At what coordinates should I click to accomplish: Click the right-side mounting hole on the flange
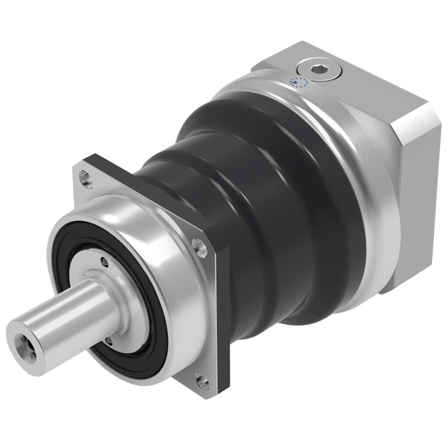click(198, 245)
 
